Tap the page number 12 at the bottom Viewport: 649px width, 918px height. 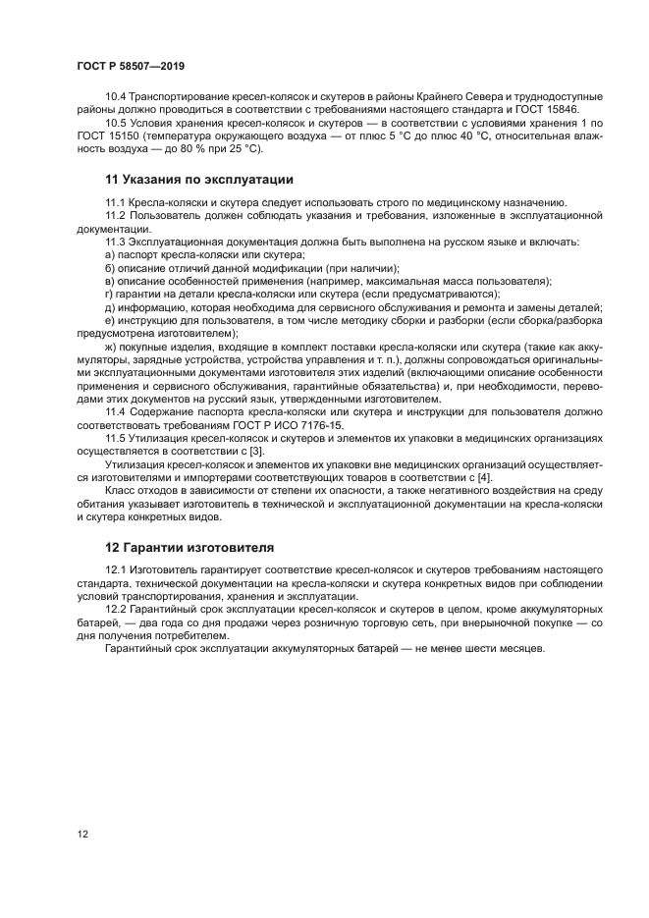point(83,834)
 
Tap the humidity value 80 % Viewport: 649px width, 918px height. point(190,149)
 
